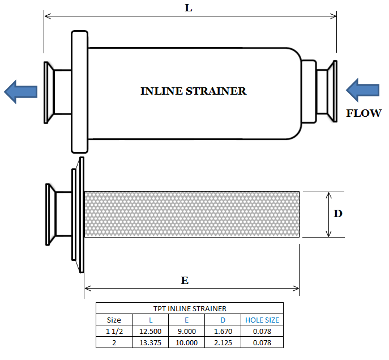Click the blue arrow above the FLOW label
pos(362,90)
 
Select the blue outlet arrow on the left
pos(20,91)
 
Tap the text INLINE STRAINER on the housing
pos(193,91)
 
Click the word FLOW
pos(364,113)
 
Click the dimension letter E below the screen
pos(185,281)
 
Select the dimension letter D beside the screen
pos(337,214)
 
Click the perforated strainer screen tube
pos(191,214)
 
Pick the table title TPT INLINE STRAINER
pos(189,309)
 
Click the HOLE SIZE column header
pos(262,320)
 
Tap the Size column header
pos(114,320)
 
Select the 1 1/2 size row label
pos(114,331)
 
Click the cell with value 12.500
pos(151,331)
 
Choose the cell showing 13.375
pos(151,342)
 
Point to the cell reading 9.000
pos(186,331)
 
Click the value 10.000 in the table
pos(186,342)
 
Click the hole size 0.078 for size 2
pos(262,342)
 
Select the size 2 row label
pos(114,342)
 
